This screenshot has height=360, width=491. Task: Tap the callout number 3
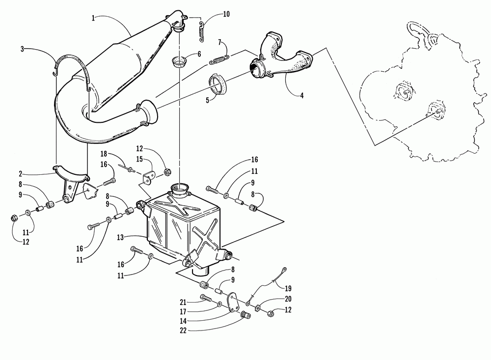point(22,49)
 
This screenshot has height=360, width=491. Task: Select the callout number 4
point(301,96)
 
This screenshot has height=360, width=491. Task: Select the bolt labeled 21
point(206,298)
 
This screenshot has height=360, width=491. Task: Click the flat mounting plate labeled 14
point(235,301)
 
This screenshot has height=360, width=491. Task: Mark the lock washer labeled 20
point(258,307)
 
